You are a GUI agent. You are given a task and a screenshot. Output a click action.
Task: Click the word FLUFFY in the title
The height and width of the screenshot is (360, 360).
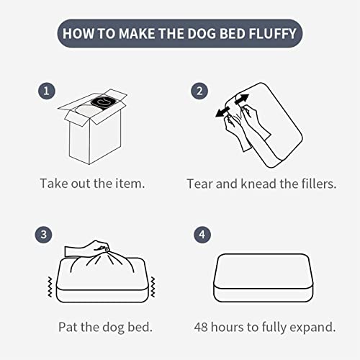pyautogui.click(x=273, y=33)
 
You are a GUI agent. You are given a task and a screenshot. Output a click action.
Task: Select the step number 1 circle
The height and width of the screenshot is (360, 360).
pyautogui.click(x=47, y=91)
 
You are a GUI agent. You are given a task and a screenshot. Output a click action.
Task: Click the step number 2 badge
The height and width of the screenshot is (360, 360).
pyautogui.click(x=199, y=91)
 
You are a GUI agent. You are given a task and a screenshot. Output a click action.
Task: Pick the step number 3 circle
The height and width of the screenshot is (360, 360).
pyautogui.click(x=43, y=235)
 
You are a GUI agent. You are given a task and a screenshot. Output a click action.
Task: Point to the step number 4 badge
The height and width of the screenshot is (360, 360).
pyautogui.click(x=202, y=235)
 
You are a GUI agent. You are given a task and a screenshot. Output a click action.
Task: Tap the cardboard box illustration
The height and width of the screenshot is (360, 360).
pyautogui.click(x=93, y=127)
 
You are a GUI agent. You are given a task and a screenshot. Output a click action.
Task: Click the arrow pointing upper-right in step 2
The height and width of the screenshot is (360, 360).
pyautogui.click(x=242, y=99)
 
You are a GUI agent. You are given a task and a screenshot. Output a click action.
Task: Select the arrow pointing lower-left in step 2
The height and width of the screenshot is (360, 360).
pyautogui.click(x=222, y=112)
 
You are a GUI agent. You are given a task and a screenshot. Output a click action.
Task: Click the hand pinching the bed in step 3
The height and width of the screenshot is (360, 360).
pyautogui.click(x=87, y=248)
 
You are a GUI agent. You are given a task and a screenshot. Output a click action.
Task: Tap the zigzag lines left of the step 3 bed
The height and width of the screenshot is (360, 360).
pyautogui.click(x=50, y=287)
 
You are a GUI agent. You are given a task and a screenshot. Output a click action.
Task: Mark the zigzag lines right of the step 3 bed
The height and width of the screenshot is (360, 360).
pyautogui.click(x=153, y=287)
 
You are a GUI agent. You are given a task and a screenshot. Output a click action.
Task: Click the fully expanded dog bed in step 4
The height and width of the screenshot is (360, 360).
pyautogui.click(x=264, y=278)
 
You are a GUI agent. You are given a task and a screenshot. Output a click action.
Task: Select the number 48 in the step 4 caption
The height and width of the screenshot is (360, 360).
pyautogui.click(x=201, y=327)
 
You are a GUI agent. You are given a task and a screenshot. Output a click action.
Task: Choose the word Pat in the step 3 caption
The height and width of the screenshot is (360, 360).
pyautogui.click(x=68, y=327)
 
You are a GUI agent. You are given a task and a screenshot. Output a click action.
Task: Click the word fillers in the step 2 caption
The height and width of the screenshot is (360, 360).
pyautogui.click(x=319, y=184)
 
